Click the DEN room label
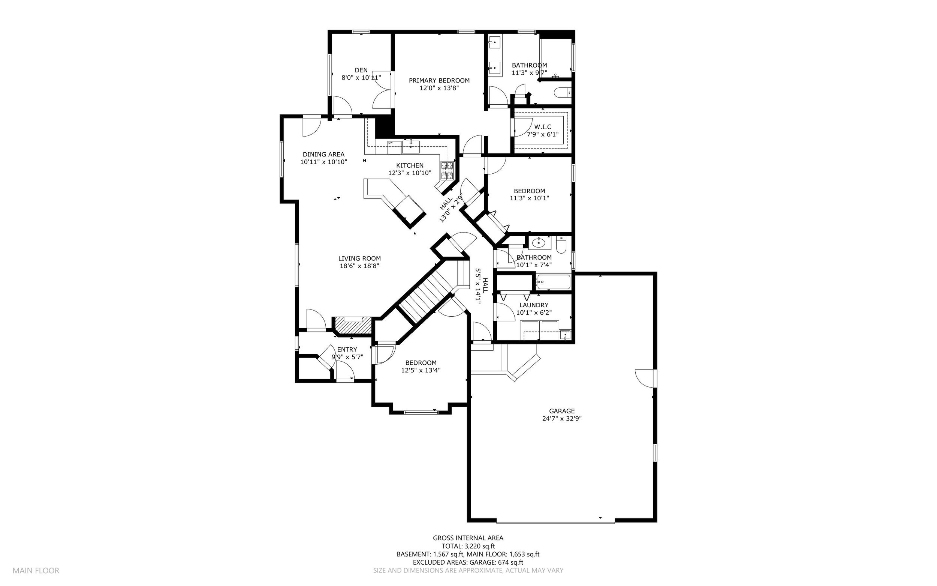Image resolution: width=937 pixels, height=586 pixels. [361, 70]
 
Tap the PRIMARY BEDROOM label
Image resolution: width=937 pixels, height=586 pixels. [439, 81]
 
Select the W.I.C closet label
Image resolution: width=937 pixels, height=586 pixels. [542, 127]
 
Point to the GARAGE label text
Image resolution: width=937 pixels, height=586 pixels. [562, 411]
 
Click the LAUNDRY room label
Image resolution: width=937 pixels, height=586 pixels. [534, 305]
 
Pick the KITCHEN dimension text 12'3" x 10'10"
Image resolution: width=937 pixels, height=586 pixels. [410, 173]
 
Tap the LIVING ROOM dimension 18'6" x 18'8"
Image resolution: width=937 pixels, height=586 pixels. [359, 266]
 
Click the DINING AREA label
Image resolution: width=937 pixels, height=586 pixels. [323, 154]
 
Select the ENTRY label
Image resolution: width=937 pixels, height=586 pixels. [347, 350]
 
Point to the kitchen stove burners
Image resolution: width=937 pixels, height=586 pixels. [447, 171]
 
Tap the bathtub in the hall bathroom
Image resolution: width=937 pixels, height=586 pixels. [553, 282]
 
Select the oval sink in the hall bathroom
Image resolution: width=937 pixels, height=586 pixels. [539, 243]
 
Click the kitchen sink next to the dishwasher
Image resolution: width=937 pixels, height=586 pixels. [411, 146]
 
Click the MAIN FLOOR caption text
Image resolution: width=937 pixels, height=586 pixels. [36, 571]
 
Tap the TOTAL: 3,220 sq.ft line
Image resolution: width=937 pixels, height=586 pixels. [468, 546]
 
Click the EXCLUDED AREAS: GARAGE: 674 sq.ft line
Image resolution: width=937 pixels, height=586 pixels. [468, 562]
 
